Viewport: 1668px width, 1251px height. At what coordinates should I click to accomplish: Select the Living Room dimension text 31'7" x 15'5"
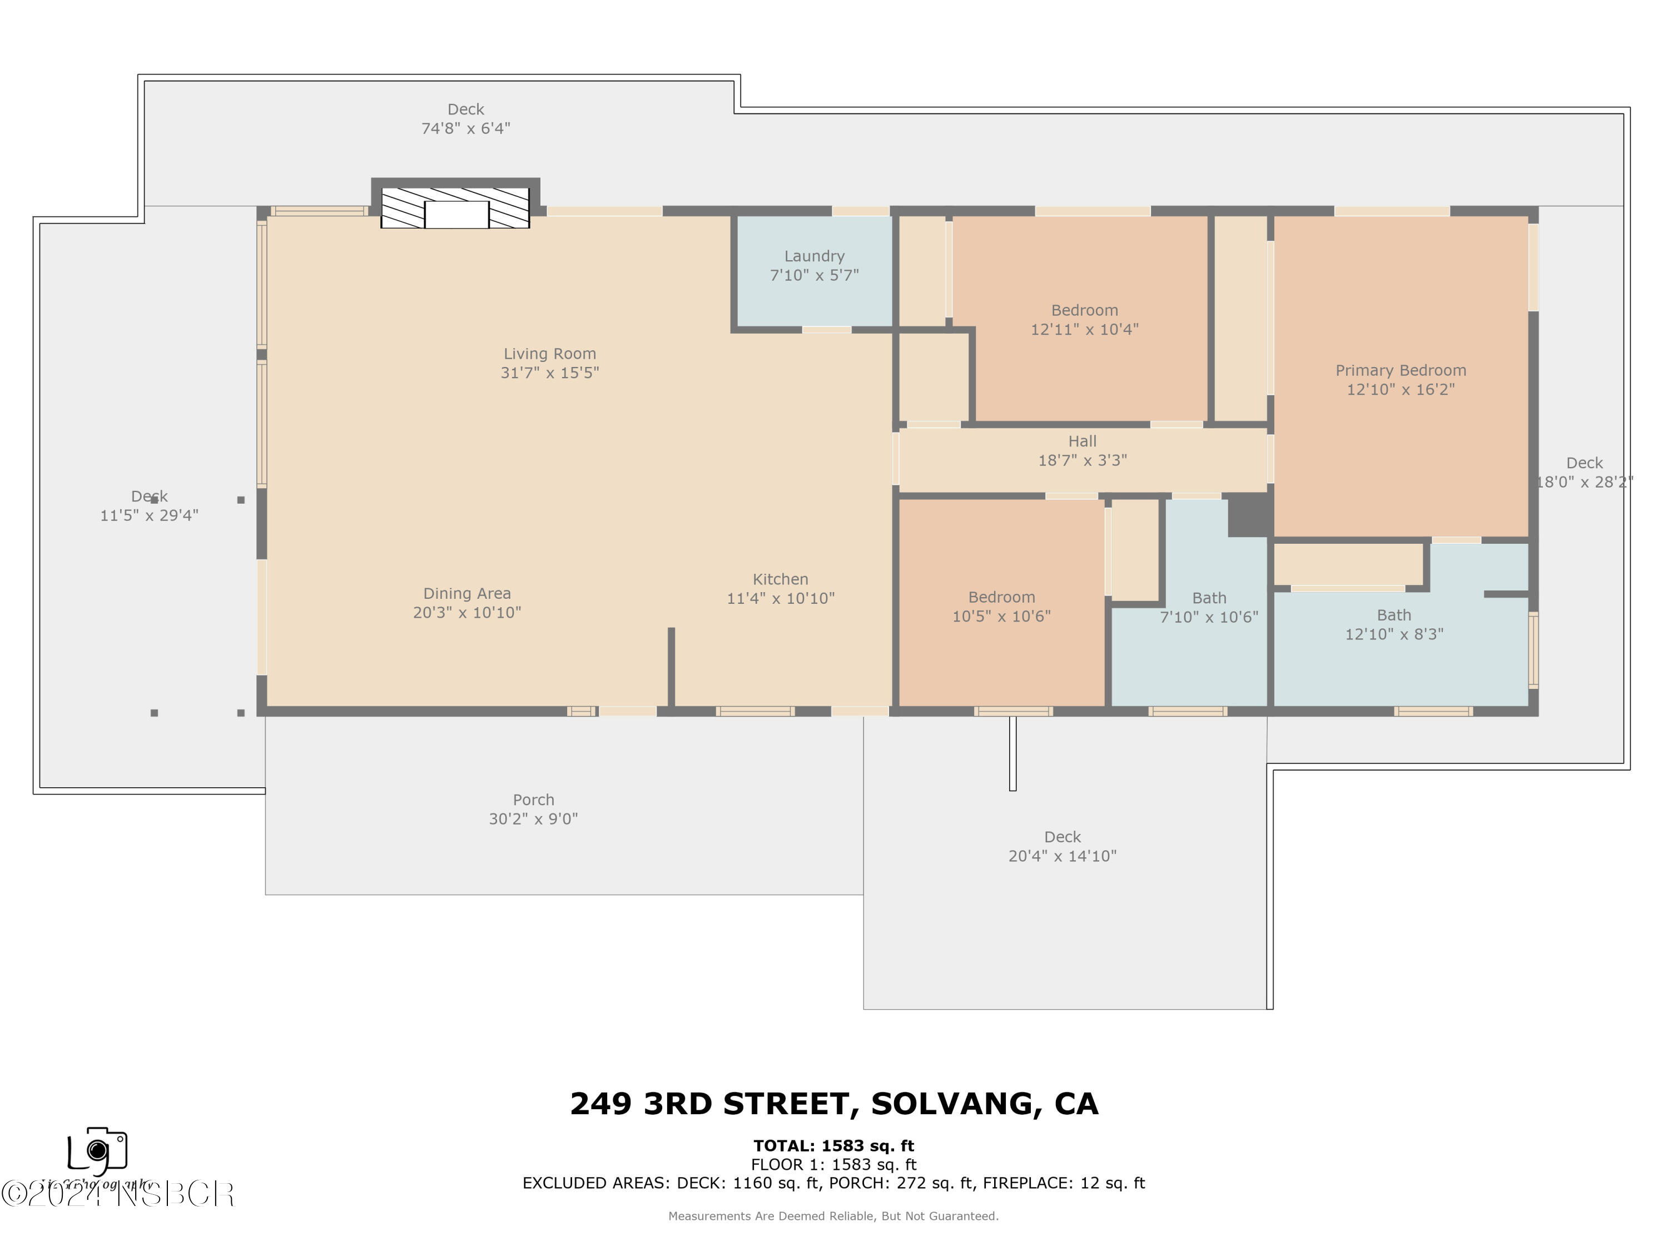[x=550, y=373]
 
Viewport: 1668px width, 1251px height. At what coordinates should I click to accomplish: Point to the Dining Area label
[x=467, y=593]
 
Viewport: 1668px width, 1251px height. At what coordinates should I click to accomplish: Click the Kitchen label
[x=781, y=579]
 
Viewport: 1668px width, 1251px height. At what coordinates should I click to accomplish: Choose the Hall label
[x=1082, y=441]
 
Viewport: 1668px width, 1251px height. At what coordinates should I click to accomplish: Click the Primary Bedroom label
[x=1401, y=370]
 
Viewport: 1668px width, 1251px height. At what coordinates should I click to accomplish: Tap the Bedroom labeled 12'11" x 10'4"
[x=1084, y=320]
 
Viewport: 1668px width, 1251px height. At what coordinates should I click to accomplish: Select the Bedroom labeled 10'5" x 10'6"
[x=1001, y=606]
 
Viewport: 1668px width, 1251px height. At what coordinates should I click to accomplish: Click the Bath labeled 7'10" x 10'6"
[x=1209, y=607]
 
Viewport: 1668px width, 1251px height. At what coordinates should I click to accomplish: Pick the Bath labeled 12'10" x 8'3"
[x=1393, y=624]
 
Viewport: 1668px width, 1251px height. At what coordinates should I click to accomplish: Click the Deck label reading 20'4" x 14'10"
[x=1063, y=846]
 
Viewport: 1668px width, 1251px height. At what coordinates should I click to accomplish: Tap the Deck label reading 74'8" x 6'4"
[x=465, y=118]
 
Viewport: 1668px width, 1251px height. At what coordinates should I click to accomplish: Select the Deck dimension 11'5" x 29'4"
[x=150, y=515]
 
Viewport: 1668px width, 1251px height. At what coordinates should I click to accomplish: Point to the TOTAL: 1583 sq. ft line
[x=833, y=1145]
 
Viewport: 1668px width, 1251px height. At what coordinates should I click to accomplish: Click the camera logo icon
[x=97, y=1150]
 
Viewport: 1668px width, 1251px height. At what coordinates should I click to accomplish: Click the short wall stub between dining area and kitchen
[x=671, y=667]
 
